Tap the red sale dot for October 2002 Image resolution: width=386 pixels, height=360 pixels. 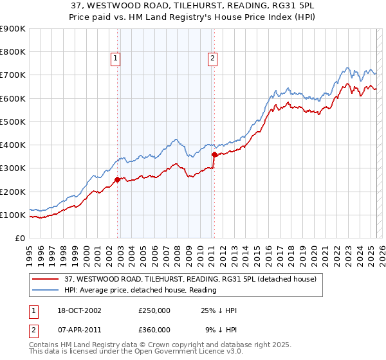point(118,180)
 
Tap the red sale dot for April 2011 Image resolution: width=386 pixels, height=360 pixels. point(214,154)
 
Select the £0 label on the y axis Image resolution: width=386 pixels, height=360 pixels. point(19,239)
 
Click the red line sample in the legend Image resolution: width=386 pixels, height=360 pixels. point(45,280)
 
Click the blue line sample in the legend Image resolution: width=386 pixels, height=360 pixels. point(45,291)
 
